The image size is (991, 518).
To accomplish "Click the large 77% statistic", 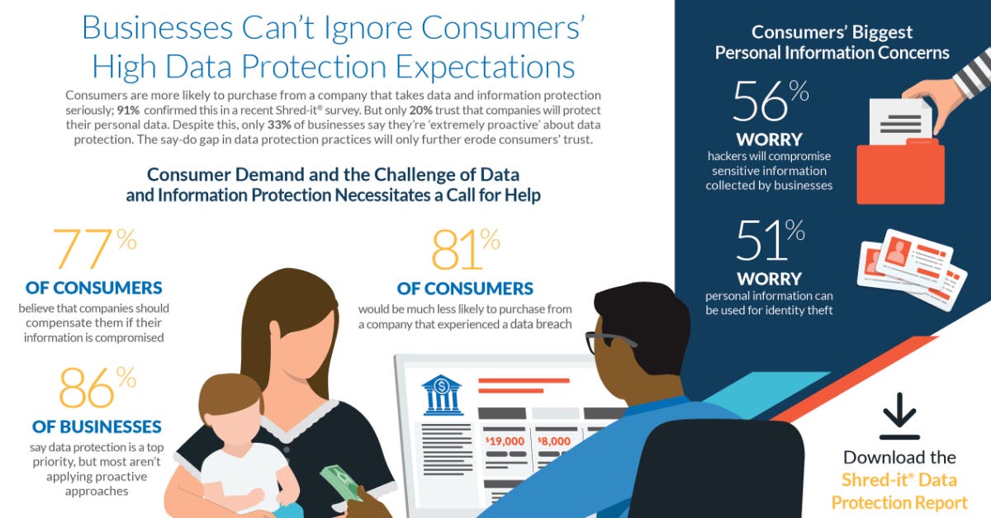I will click(x=93, y=249).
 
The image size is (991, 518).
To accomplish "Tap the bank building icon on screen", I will click(x=441, y=395).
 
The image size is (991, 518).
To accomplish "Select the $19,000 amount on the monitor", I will click(x=505, y=441).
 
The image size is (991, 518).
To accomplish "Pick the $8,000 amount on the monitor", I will click(x=553, y=441).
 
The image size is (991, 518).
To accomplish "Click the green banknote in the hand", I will click(x=340, y=483).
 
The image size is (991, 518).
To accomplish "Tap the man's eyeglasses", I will click(x=607, y=341).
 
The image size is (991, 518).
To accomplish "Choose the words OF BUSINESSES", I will click(x=97, y=426).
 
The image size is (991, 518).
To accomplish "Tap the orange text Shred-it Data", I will click(x=899, y=481).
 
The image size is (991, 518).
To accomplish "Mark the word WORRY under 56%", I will click(x=770, y=139).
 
